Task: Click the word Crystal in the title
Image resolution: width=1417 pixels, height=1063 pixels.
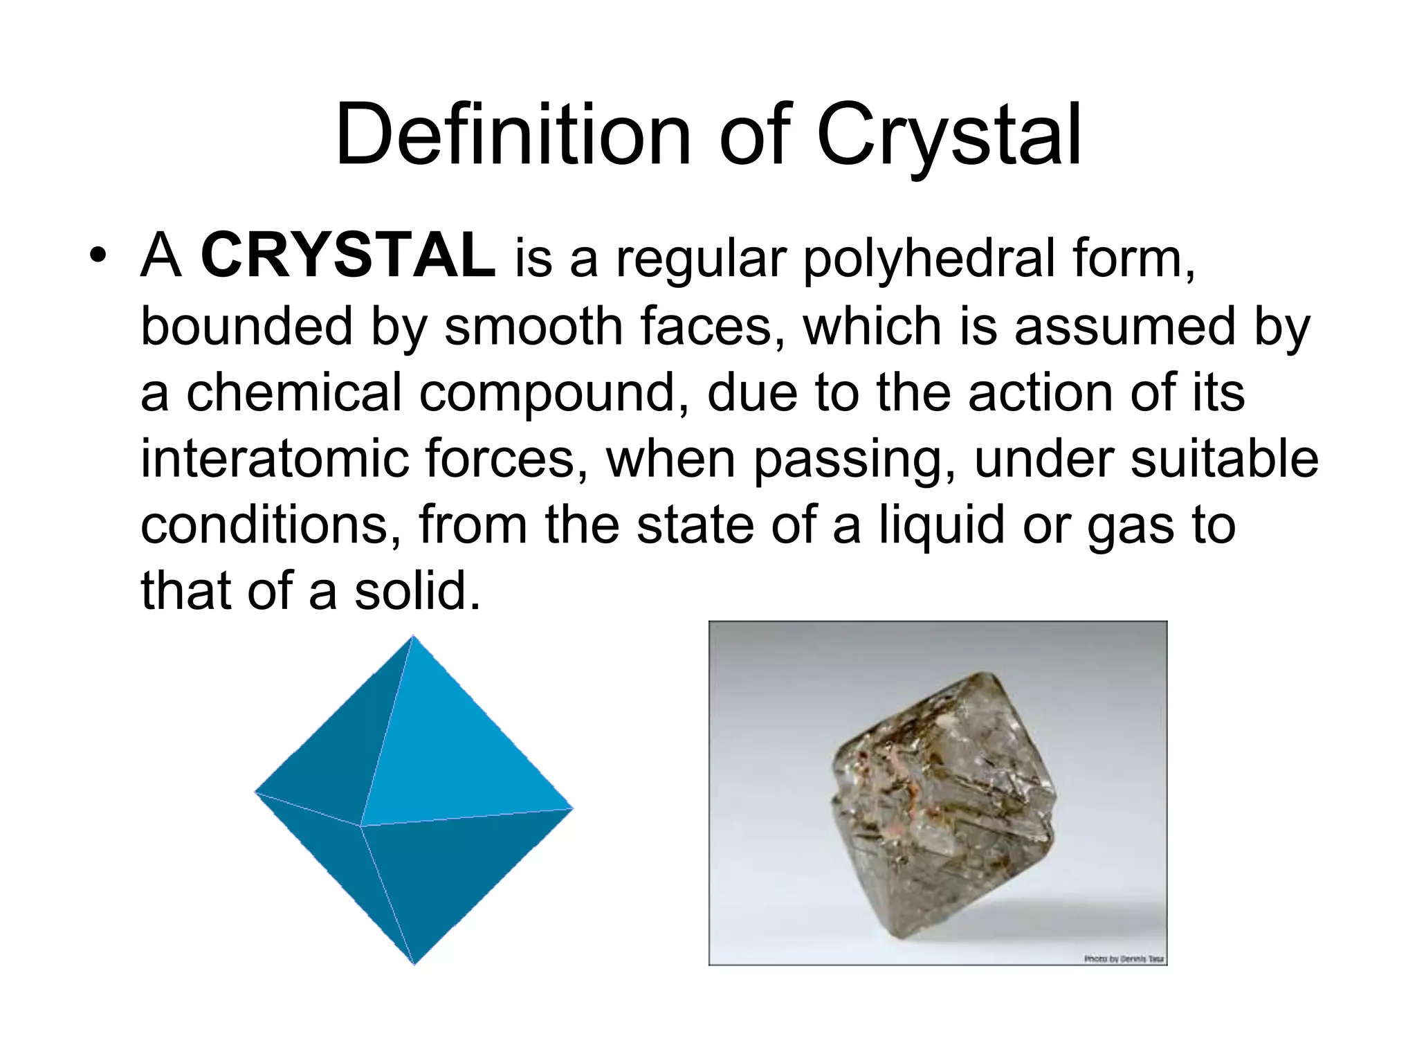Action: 949,136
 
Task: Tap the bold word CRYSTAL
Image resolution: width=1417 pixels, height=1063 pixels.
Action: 347,256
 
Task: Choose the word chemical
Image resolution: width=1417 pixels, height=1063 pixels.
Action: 293,392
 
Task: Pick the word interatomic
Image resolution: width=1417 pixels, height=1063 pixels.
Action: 274,458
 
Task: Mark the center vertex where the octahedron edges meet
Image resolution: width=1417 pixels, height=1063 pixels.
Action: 360,826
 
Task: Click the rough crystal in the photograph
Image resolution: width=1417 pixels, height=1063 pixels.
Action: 942,803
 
